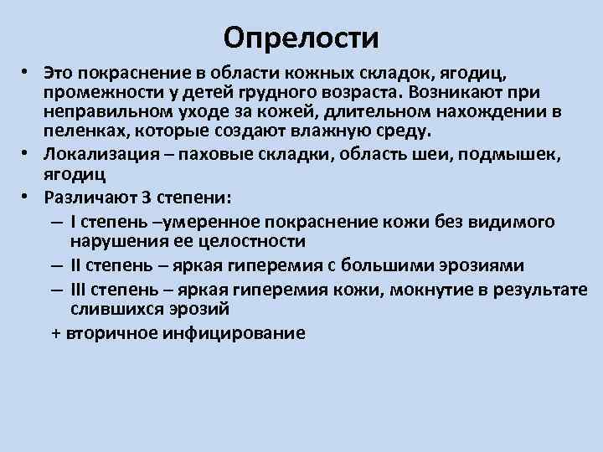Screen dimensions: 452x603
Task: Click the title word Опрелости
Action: click(x=301, y=37)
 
